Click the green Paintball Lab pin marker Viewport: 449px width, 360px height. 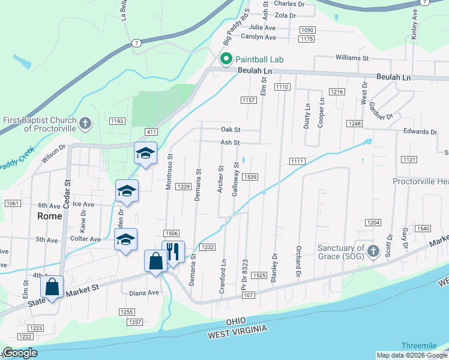226,59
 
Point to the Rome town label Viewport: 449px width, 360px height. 50,216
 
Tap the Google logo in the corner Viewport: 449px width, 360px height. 20,353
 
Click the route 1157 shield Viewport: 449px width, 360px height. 249,100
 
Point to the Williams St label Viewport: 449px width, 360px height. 352,58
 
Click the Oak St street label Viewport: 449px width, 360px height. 231,129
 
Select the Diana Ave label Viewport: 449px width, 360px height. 144,293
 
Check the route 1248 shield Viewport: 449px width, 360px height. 355,124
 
